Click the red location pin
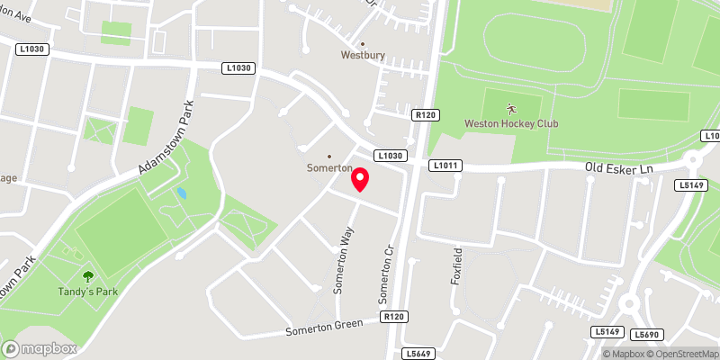[x=360, y=179]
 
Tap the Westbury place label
[x=363, y=55]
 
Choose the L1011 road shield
[x=445, y=166]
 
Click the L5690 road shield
[x=646, y=335]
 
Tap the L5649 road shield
[x=417, y=354]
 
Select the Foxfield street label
[x=457, y=265]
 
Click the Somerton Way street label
[x=342, y=260]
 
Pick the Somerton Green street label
[x=323, y=328]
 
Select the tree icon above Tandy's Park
[x=87, y=277]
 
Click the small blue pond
[x=183, y=193]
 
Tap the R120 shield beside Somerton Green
[x=394, y=317]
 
